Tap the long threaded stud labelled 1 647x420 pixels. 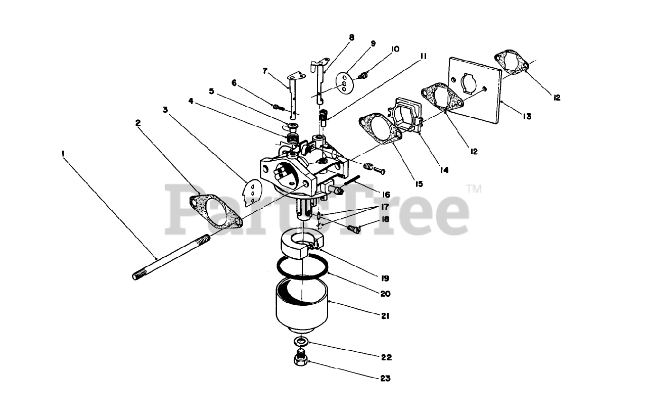click(x=172, y=256)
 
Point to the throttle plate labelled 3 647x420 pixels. click(x=249, y=193)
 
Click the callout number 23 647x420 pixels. click(x=385, y=378)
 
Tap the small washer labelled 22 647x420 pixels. click(x=302, y=341)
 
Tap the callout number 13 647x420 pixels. click(x=527, y=116)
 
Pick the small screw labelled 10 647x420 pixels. click(x=362, y=75)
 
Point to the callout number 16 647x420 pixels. click(x=386, y=195)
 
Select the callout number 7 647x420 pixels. click(x=264, y=71)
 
